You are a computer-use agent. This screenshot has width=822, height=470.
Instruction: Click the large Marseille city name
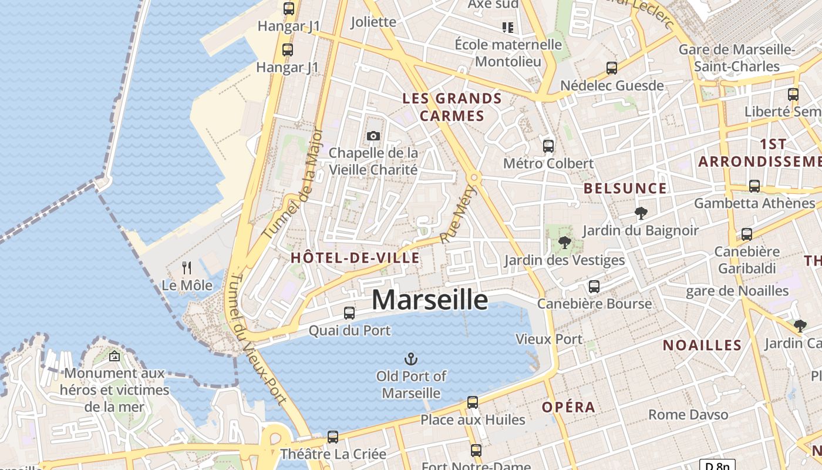(429, 300)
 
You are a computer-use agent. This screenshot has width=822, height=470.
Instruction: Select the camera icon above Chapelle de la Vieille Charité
(373, 136)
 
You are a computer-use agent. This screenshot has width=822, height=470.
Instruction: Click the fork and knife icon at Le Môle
(187, 268)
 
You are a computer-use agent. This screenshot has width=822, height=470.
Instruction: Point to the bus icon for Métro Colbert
(548, 146)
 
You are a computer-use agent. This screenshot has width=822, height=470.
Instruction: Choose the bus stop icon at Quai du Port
(349, 313)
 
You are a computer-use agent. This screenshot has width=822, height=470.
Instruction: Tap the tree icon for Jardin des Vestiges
(565, 242)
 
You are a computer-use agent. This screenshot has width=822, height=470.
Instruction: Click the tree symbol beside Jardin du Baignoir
(641, 213)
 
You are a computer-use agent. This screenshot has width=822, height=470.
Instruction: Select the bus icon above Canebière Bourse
(594, 287)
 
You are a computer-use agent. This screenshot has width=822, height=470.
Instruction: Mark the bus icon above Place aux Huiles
(473, 402)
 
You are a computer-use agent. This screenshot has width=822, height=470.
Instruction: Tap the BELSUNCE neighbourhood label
(625, 189)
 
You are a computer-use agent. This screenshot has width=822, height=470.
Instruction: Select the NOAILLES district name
(702, 345)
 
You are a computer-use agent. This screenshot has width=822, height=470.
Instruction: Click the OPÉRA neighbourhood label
(568, 407)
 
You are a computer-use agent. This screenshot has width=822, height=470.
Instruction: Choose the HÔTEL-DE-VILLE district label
(355, 257)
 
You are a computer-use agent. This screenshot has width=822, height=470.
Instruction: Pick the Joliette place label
(373, 22)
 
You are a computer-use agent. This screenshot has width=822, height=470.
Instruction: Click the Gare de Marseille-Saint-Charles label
(737, 58)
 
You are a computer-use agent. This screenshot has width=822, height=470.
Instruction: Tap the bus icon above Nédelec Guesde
(612, 68)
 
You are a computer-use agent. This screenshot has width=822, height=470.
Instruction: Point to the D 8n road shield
(717, 466)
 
